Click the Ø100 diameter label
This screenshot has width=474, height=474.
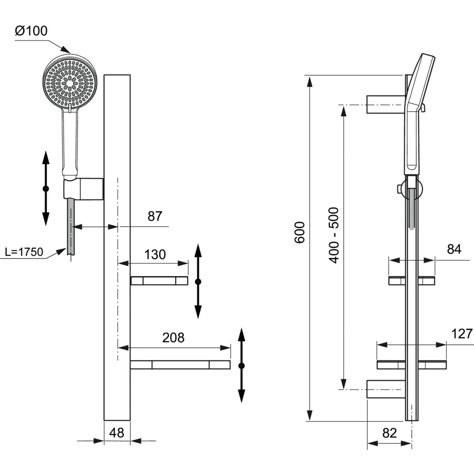[31, 31]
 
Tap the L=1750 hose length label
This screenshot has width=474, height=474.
[24, 252]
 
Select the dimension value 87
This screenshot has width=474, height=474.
[155, 216]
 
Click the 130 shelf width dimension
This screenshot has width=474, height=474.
[155, 255]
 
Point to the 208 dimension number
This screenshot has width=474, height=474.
[173, 338]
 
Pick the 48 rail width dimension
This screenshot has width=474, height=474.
[117, 433]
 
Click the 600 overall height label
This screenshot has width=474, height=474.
[300, 233]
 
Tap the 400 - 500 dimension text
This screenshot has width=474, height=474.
[334, 235]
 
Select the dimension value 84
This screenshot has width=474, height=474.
[454, 249]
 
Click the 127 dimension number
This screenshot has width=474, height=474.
[462, 334]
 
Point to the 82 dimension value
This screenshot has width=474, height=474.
[389, 433]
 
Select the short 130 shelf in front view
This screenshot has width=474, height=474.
[159, 281]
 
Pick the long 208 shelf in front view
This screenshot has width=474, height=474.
[180, 365]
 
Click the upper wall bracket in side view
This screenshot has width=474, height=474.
[386, 104]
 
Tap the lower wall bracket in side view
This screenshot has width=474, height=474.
[386, 389]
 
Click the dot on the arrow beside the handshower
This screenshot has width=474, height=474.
[46, 189]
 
